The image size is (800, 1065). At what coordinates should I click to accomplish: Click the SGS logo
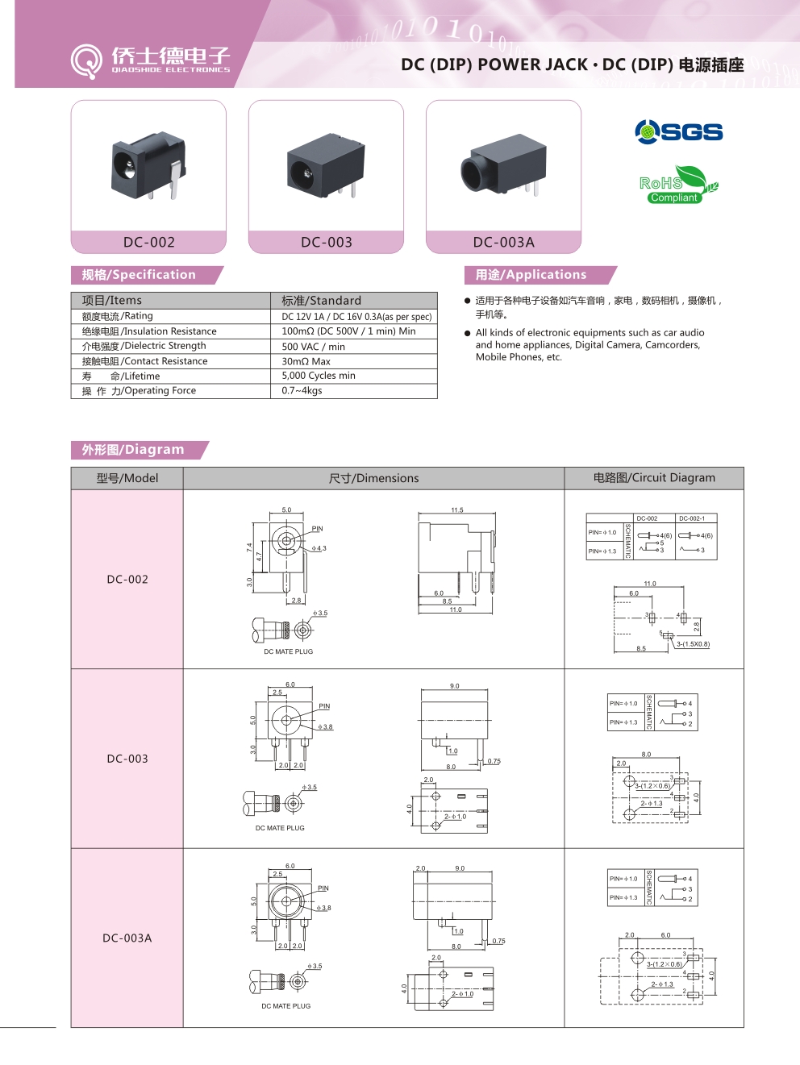tap(678, 131)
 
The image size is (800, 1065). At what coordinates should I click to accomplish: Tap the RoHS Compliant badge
tap(675, 185)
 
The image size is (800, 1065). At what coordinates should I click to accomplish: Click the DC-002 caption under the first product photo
tap(148, 242)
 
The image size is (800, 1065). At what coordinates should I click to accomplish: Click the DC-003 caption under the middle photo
tap(326, 242)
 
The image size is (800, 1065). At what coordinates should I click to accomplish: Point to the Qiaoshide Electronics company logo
tap(151, 60)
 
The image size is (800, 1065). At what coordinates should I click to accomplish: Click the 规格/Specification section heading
tap(139, 275)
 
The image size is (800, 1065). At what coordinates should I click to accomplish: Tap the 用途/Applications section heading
tap(531, 275)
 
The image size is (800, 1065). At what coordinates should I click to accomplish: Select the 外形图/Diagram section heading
tap(133, 450)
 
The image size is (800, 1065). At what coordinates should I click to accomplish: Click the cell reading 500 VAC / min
tap(313, 347)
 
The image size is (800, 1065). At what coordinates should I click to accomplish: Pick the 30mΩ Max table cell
tap(306, 361)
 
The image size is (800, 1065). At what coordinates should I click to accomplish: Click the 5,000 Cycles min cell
tap(319, 376)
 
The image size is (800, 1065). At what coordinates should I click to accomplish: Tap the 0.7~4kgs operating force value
tap(302, 390)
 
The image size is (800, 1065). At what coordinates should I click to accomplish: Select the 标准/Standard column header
tap(321, 301)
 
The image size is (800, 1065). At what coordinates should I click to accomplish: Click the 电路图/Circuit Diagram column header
tap(654, 477)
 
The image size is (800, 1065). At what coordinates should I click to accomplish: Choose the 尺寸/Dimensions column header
tap(373, 478)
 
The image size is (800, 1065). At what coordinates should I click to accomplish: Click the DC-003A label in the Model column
tap(127, 938)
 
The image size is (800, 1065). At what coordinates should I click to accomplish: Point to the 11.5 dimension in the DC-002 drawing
tap(457, 510)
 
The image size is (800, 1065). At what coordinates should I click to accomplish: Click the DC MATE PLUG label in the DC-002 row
tap(288, 651)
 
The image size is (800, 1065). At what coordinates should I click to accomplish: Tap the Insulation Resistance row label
tap(149, 331)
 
